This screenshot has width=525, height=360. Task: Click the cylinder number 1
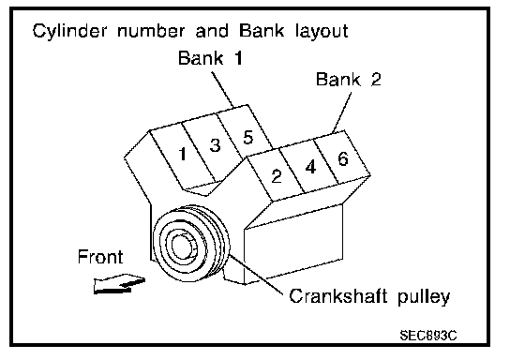click(x=183, y=154)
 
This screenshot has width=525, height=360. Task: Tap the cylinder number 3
click(x=215, y=145)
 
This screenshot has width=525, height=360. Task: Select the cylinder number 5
click(x=247, y=137)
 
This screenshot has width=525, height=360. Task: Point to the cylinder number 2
click(x=277, y=176)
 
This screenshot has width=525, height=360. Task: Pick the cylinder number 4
click(x=310, y=167)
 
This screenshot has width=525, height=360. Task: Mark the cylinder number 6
click(x=343, y=158)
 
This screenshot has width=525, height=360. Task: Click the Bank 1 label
click(x=210, y=57)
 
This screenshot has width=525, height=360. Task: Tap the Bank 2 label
click(x=349, y=80)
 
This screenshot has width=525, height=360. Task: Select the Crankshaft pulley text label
click(x=369, y=296)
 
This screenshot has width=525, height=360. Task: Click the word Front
click(x=100, y=257)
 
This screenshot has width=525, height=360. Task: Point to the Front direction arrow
click(x=119, y=284)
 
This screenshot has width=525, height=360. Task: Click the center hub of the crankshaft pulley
click(x=183, y=247)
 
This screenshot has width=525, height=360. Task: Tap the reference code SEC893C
click(x=428, y=335)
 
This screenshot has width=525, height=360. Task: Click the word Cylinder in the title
click(x=70, y=31)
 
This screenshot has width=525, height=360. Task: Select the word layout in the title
click(x=322, y=31)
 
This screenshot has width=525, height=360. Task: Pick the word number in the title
click(x=151, y=31)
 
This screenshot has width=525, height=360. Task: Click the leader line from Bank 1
click(x=223, y=89)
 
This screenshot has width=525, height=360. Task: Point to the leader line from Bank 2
click(x=342, y=112)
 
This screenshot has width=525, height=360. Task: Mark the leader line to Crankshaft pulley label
click(x=256, y=275)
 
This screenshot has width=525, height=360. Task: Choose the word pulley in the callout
click(x=424, y=297)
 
